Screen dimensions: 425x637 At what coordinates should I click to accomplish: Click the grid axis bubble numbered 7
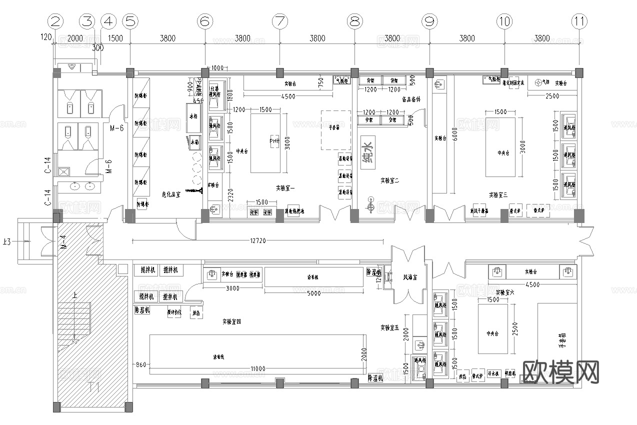279,21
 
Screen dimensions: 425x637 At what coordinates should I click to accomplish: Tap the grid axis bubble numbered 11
579,21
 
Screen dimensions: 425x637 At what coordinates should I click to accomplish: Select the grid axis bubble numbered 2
55,21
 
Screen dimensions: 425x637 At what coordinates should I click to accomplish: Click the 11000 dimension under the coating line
258,368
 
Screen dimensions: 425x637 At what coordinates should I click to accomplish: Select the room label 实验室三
498,194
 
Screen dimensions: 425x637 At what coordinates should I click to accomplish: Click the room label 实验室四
231,322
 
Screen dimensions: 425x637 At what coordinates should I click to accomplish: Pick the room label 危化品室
170,194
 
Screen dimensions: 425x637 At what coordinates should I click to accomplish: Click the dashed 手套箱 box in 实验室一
336,130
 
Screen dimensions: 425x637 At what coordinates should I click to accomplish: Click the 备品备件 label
411,99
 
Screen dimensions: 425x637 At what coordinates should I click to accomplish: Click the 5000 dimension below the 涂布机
313,293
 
